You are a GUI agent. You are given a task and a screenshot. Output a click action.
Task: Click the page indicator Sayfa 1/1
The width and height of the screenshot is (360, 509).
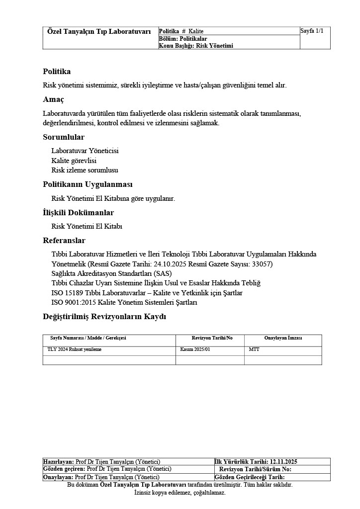(x=312, y=31)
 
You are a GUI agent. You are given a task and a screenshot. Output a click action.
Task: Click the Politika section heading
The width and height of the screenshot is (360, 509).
(x=57, y=72)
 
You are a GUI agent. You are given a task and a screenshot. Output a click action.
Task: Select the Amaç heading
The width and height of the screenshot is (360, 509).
(x=53, y=99)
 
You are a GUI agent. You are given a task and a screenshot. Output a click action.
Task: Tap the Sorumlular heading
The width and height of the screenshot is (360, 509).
(x=64, y=137)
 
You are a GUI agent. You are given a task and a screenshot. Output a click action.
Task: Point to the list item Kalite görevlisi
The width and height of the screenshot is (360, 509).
(x=74, y=161)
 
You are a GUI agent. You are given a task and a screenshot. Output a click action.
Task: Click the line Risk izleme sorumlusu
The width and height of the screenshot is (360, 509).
(x=85, y=170)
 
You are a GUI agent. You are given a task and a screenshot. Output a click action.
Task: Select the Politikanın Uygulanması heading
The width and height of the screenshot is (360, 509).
(x=88, y=184)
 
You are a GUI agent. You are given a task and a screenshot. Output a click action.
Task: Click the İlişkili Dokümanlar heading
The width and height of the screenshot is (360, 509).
(x=78, y=213)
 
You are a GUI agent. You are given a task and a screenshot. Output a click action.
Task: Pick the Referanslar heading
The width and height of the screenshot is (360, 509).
(x=64, y=241)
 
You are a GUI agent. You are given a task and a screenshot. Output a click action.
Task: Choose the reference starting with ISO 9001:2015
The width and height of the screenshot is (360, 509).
(x=124, y=302)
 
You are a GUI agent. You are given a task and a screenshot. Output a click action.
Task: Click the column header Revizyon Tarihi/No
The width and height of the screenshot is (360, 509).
(x=212, y=338)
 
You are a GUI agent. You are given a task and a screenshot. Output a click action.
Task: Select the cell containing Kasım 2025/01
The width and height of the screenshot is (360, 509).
(x=195, y=349)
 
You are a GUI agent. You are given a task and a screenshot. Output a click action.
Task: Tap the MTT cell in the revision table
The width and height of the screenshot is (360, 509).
(x=254, y=349)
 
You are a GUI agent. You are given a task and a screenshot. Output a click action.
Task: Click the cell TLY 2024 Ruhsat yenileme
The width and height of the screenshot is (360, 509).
(x=75, y=349)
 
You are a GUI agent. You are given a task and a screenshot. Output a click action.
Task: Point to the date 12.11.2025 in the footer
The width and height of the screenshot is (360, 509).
(x=284, y=462)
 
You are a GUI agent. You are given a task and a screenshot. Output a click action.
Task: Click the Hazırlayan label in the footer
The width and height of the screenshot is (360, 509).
(x=59, y=462)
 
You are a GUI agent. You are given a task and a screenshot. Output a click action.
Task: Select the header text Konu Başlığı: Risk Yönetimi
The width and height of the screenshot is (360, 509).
(x=196, y=46)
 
